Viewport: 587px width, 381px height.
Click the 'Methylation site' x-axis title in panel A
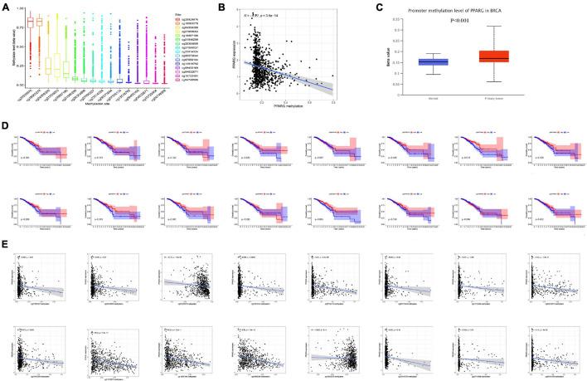click(x=83, y=105)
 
